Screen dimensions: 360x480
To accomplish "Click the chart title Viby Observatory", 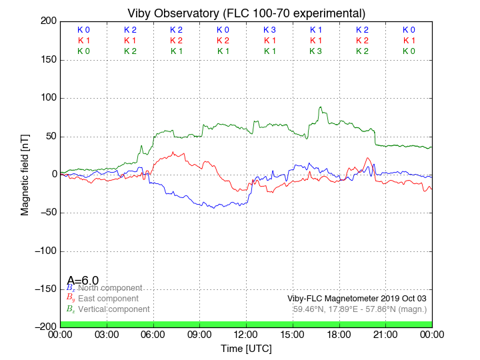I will [x=246, y=13].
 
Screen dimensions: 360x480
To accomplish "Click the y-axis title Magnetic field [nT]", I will [x=25, y=173].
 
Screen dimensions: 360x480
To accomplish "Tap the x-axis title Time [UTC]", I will [x=246, y=349].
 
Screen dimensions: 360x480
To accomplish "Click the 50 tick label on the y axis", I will [x=49, y=137].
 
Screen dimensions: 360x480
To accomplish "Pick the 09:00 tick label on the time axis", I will [x=199, y=335].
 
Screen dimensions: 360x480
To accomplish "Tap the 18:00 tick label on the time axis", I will [x=339, y=335].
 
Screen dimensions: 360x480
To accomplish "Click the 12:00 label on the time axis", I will [x=246, y=335].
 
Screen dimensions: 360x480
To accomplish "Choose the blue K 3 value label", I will [x=269, y=30].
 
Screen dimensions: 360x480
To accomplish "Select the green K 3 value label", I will [x=316, y=51].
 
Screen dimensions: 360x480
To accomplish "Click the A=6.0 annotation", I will [x=83, y=281].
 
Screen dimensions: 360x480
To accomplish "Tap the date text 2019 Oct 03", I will [x=399, y=299].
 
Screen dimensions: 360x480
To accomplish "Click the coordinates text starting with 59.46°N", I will [x=360, y=309].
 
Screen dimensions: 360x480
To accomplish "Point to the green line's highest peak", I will [x=320, y=107].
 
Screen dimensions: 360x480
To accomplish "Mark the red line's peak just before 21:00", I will [x=368, y=159].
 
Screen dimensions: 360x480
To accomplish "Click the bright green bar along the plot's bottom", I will [x=246, y=324].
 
